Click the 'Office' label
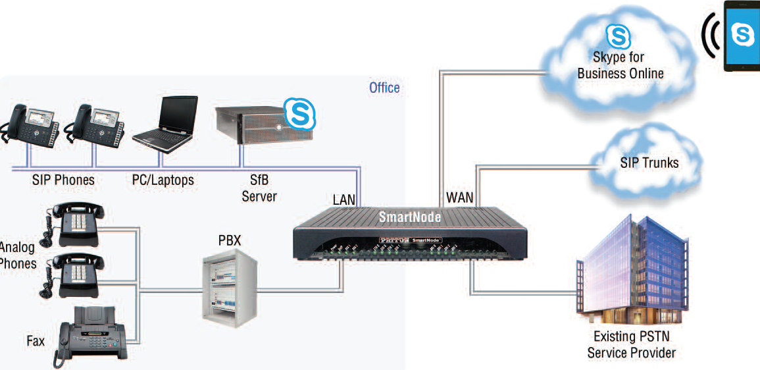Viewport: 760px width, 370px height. (384, 88)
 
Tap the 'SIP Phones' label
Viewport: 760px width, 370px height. (63, 180)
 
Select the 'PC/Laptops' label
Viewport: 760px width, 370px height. (159, 180)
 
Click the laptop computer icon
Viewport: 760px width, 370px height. (166, 121)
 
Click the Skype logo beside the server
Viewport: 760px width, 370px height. (299, 114)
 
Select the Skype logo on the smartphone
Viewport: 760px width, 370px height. (743, 35)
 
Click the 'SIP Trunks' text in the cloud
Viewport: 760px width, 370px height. (649, 162)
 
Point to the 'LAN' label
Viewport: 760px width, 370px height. (343, 199)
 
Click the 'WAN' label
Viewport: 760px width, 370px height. (460, 197)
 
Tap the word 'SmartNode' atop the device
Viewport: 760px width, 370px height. (410, 217)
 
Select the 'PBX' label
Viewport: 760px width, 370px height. (230, 240)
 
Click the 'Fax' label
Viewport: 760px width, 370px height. (36, 340)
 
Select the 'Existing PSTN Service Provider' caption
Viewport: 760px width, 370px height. (631, 345)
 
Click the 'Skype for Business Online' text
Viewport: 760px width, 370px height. (620, 65)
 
